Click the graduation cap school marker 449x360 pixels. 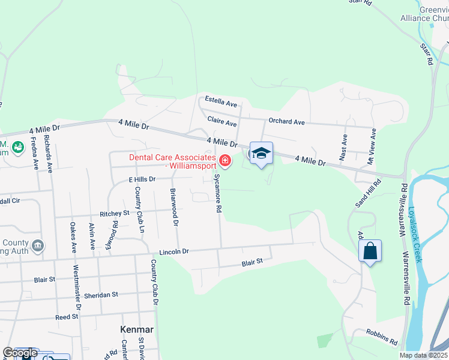pos(261,154)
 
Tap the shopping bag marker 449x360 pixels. pos(370,250)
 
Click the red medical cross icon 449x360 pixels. pos(225,160)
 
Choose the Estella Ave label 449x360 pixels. pos(221,100)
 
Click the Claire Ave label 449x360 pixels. pos(222,122)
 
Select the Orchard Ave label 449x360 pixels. pos(286,121)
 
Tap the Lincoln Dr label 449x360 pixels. pos(174,252)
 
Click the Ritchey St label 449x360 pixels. pos(115,213)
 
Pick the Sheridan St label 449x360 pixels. pos(101,295)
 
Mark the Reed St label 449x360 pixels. pos(67,316)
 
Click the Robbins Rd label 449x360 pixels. pos(384,337)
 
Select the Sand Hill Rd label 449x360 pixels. pos(369,193)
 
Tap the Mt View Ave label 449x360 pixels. pos(372,146)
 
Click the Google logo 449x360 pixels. pos(20,353)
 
